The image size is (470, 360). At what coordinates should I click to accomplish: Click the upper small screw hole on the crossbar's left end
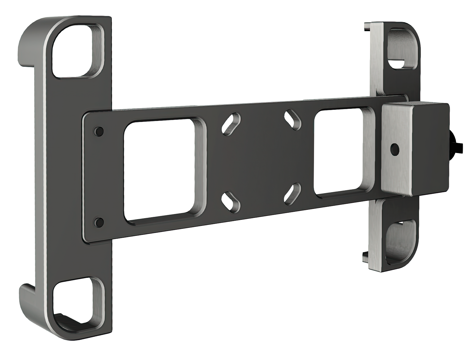[99, 131]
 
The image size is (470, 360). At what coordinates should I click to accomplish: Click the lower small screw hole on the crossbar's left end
[99, 221]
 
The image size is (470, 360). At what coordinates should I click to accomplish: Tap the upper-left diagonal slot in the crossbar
[231, 123]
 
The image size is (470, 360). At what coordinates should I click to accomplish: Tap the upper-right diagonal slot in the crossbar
[293, 120]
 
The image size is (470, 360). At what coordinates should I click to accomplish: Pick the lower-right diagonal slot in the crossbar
[292, 193]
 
